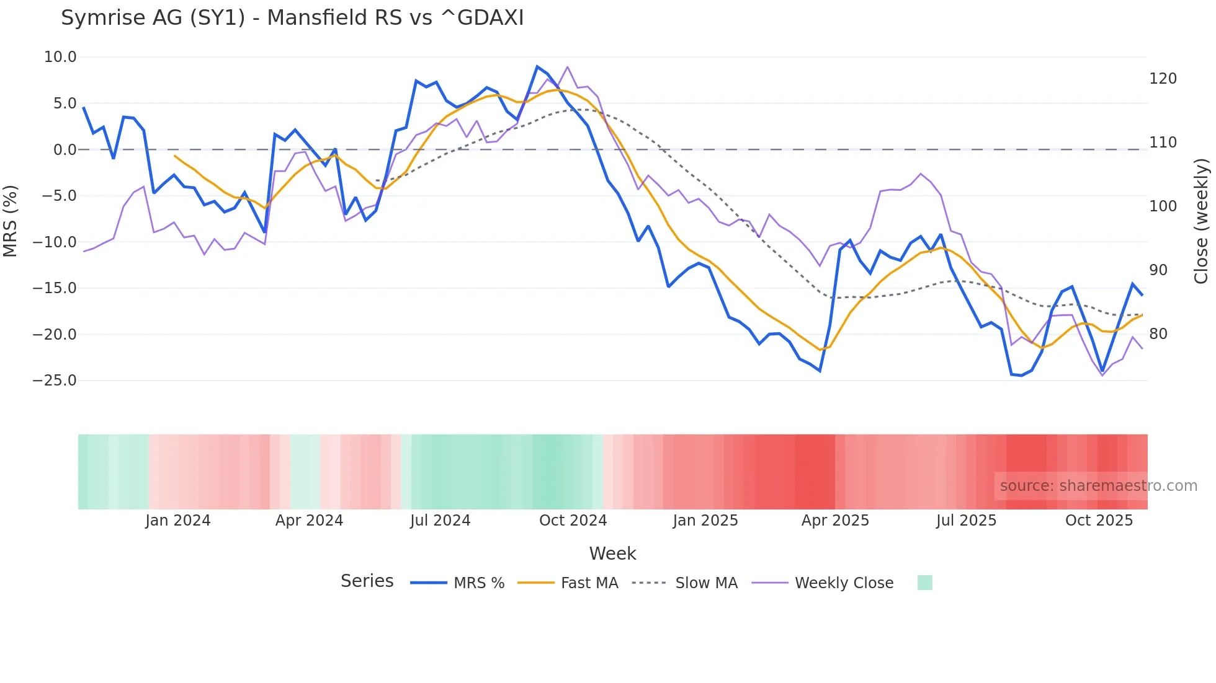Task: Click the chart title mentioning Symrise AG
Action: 292,18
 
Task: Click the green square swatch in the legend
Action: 924,583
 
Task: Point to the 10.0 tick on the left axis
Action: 60,57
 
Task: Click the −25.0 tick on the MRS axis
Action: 55,381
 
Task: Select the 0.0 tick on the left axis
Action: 65,149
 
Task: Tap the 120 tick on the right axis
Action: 1163,79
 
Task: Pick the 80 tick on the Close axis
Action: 1158,334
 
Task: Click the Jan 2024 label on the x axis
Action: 178,521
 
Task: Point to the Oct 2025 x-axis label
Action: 1099,521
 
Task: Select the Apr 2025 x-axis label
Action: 835,521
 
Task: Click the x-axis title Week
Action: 612,553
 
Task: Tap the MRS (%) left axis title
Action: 11,221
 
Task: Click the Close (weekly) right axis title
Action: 1201,221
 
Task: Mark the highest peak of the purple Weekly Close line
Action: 568,67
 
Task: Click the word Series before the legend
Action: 367,581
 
